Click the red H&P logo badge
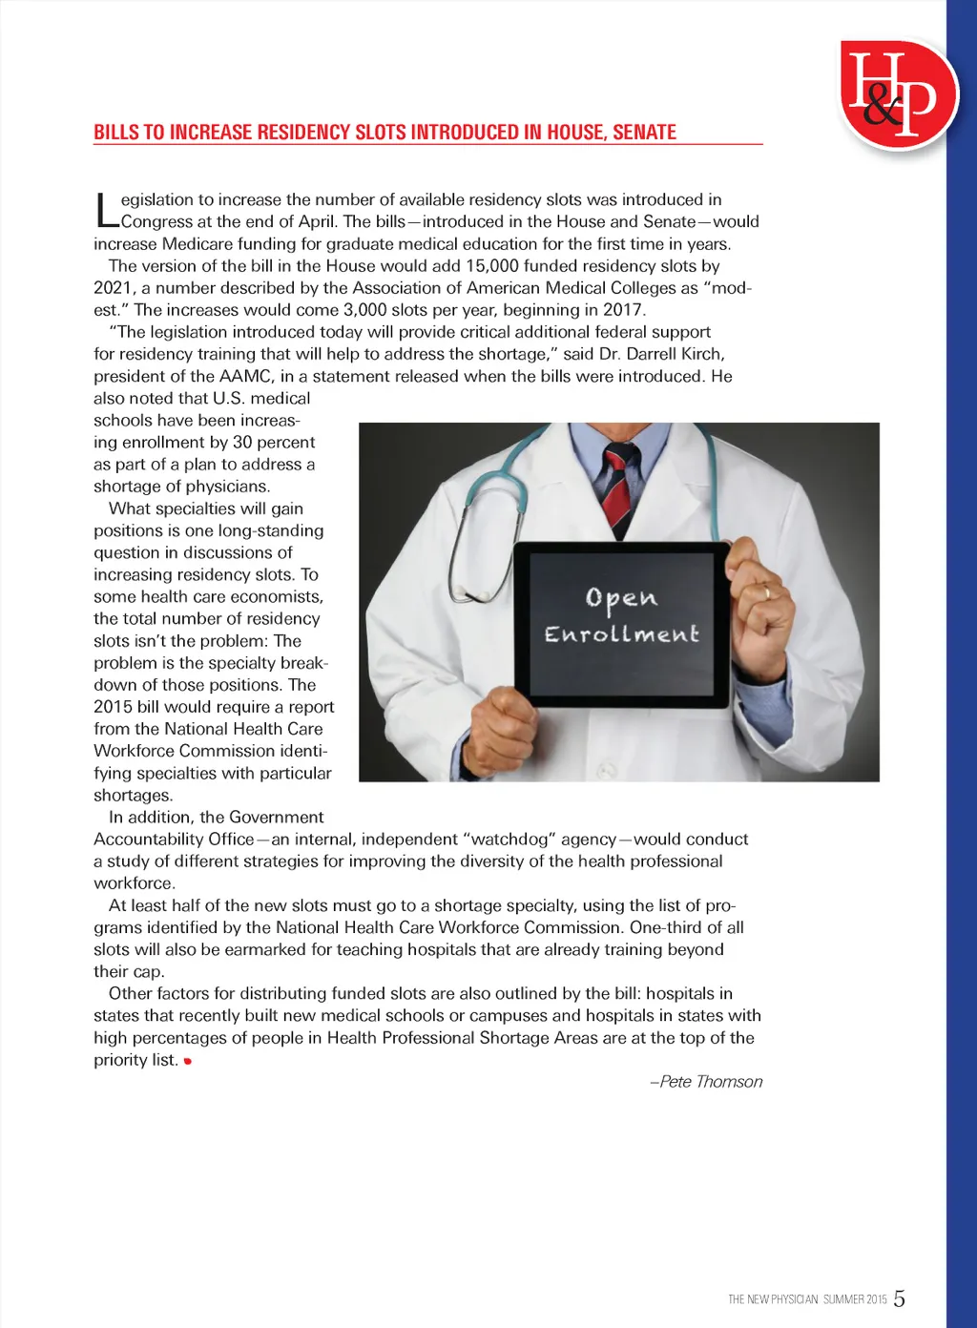(898, 94)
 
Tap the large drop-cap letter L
(106, 211)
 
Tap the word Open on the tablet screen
(621, 598)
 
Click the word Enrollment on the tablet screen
(621, 634)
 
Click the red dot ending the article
(188, 1061)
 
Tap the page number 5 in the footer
(899, 1298)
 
